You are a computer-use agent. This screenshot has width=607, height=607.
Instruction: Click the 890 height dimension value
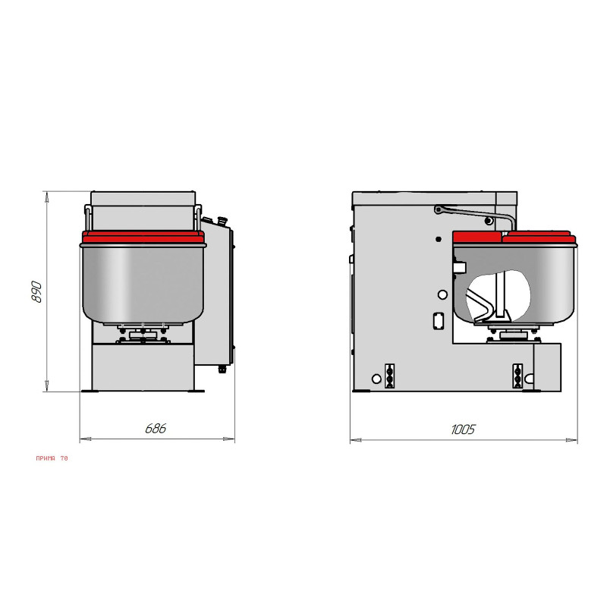tap(36, 292)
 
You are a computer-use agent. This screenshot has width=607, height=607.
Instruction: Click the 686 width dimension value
tap(156, 428)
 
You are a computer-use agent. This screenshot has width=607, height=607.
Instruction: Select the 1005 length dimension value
tap(463, 429)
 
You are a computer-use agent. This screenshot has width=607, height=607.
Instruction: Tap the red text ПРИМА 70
tap(52, 458)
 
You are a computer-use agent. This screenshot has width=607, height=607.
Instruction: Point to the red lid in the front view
tap(143, 237)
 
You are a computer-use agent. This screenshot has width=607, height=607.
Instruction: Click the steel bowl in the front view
tap(143, 284)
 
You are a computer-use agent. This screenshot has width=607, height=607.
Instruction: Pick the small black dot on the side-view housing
tap(439, 239)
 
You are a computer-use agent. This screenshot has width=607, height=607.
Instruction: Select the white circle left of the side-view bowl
tap(442, 295)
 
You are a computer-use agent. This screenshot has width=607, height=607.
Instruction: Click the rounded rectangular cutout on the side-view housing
tap(439, 321)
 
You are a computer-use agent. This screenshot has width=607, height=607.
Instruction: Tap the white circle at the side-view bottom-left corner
tap(376, 379)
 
